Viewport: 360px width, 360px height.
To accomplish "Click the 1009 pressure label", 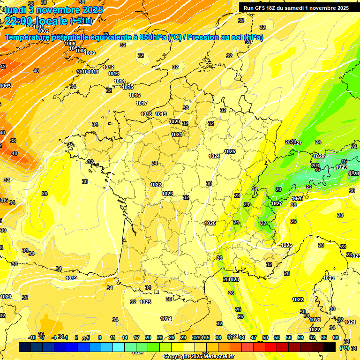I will pyautogui.click(x=90, y=53).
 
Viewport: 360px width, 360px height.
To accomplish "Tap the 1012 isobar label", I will pyautogui.click(x=108, y=67).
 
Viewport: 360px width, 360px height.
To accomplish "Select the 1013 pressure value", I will pyautogui.click(x=113, y=74).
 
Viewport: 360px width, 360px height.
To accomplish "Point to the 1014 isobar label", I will pyautogui.click(x=120, y=81).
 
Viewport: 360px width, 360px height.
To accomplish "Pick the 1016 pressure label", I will pyautogui.click(x=135, y=95).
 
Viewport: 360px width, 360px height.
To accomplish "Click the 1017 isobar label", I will pyautogui.click(x=142, y=103).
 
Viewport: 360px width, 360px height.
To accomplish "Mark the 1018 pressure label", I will pyautogui.click(x=146, y=114).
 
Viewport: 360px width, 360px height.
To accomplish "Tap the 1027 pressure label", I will pyautogui.click(x=277, y=203).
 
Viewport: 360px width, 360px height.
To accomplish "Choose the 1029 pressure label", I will pyautogui.click(x=341, y=167).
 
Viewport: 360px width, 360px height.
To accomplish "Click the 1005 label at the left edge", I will pyautogui.click(x=6, y=86).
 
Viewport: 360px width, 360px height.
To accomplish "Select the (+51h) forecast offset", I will pyautogui.click(x=81, y=21).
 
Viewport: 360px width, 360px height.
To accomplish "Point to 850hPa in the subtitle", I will pyautogui.click(x=153, y=37).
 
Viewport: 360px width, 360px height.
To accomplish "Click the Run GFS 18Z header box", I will pyautogui.click(x=296, y=7).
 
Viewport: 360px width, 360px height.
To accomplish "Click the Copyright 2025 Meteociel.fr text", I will pyautogui.click(x=199, y=357).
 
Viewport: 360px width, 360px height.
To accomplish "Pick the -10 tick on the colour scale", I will pyautogui.click(x=32, y=337).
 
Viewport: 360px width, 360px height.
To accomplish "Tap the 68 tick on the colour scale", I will pyautogui.click(x=336, y=337).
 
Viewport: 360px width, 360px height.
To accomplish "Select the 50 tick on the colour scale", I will pyautogui.click(x=265, y=337).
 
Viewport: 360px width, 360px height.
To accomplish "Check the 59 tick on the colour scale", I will pyautogui.click(x=300, y=337).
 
